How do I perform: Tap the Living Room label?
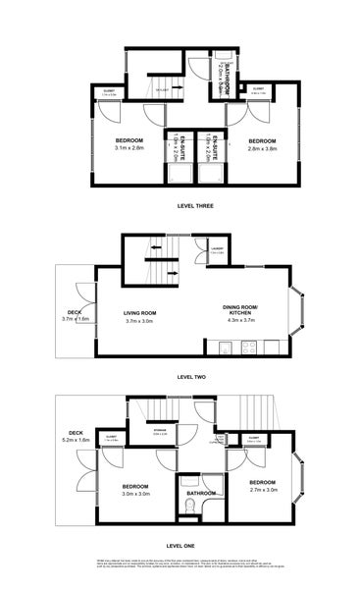tap(140, 312)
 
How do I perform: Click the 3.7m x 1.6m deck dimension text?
tap(76, 319)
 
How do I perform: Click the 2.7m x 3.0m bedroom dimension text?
tap(263, 489)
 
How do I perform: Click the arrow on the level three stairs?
tap(163, 89)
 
